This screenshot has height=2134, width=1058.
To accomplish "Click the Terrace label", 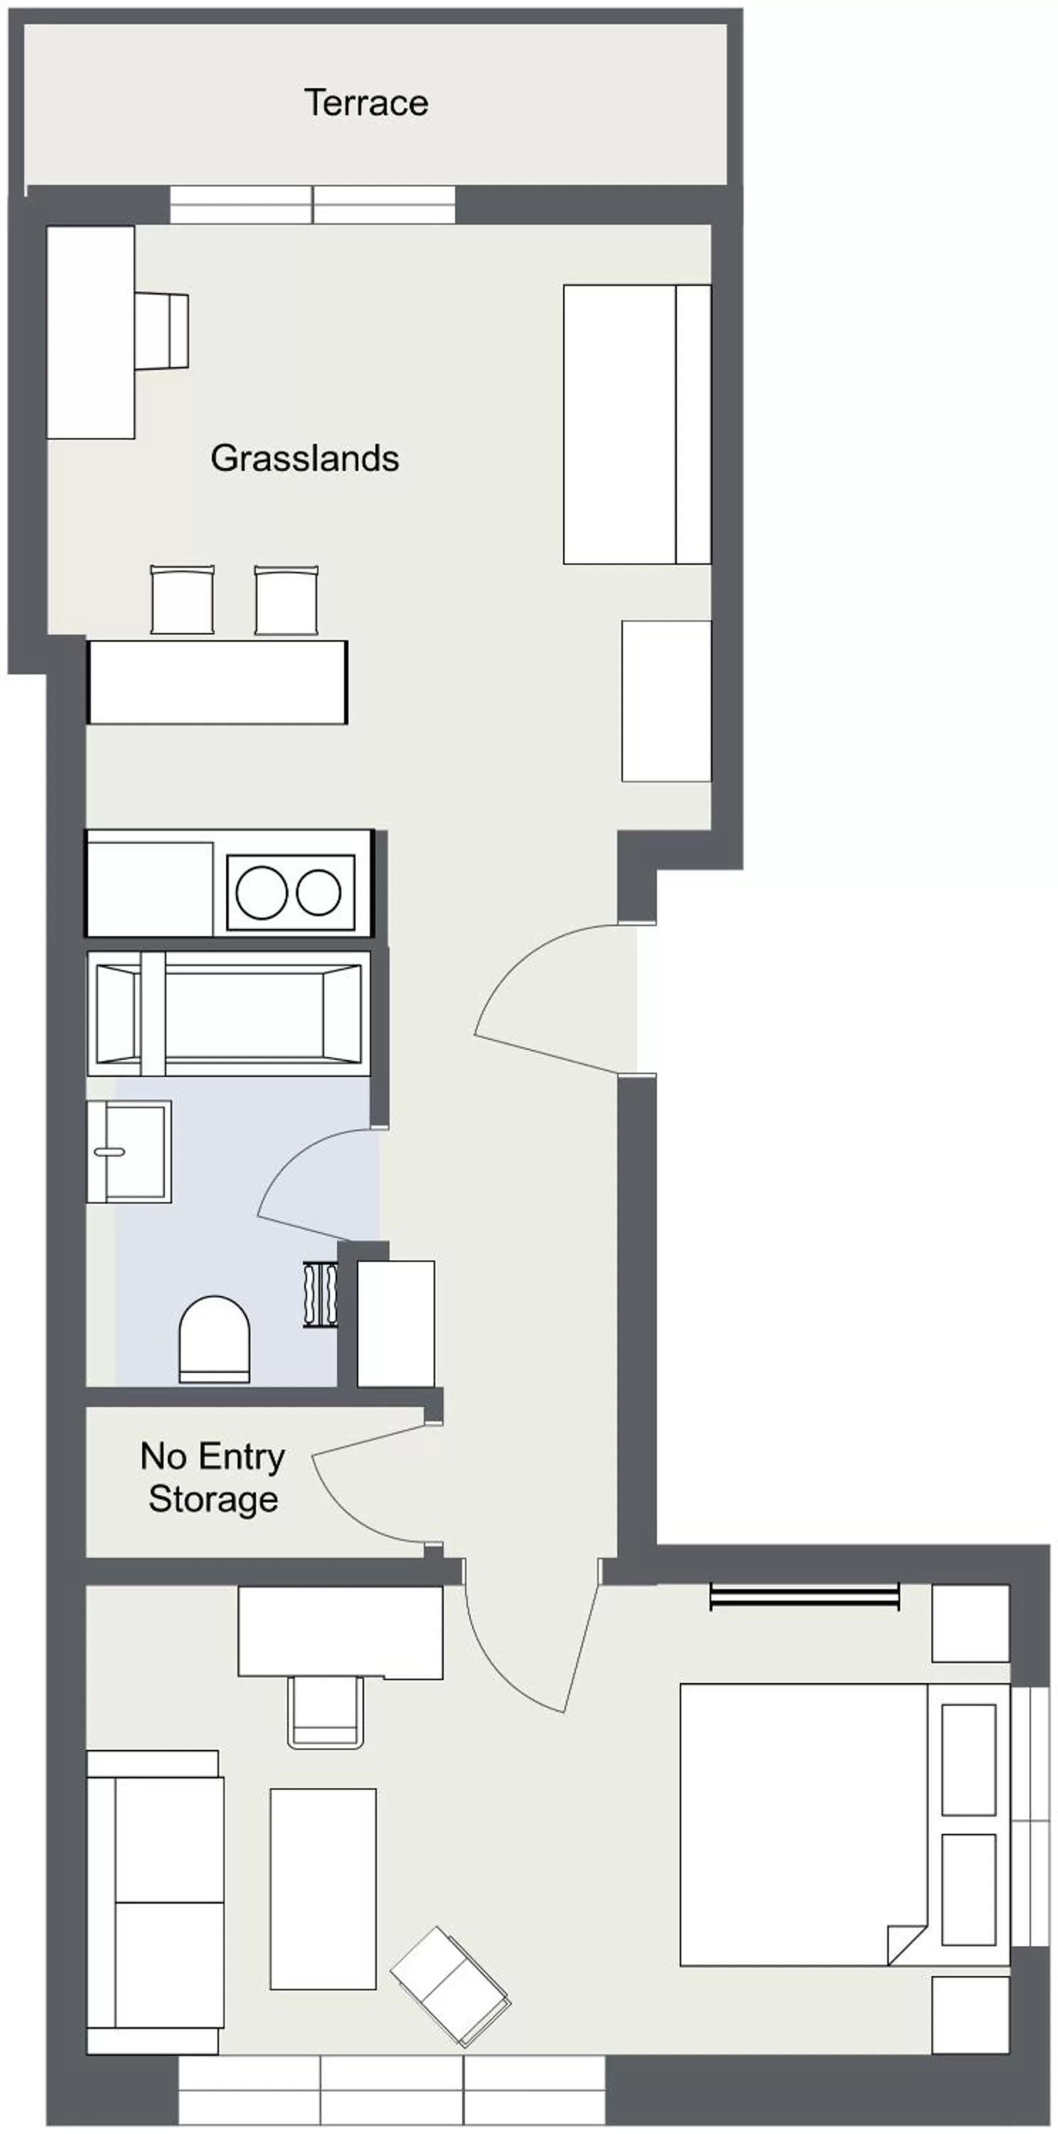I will tap(366, 102).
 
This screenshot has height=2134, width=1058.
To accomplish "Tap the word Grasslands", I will tap(304, 458).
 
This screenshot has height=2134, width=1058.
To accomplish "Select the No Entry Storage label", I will tap(213, 1478).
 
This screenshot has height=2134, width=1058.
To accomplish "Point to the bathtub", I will tap(228, 1013).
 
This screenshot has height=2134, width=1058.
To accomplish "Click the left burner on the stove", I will tap(262, 892).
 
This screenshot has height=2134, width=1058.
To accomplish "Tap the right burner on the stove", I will tap(319, 892).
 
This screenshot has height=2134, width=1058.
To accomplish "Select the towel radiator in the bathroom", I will tap(321, 1295).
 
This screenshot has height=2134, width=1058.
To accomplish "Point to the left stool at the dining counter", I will tap(182, 600).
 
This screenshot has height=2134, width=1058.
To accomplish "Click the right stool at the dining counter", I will tap(287, 600).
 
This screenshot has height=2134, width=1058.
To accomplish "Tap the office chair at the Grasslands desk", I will tap(162, 331).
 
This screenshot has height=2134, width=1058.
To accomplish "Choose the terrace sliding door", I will tap(313, 205).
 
